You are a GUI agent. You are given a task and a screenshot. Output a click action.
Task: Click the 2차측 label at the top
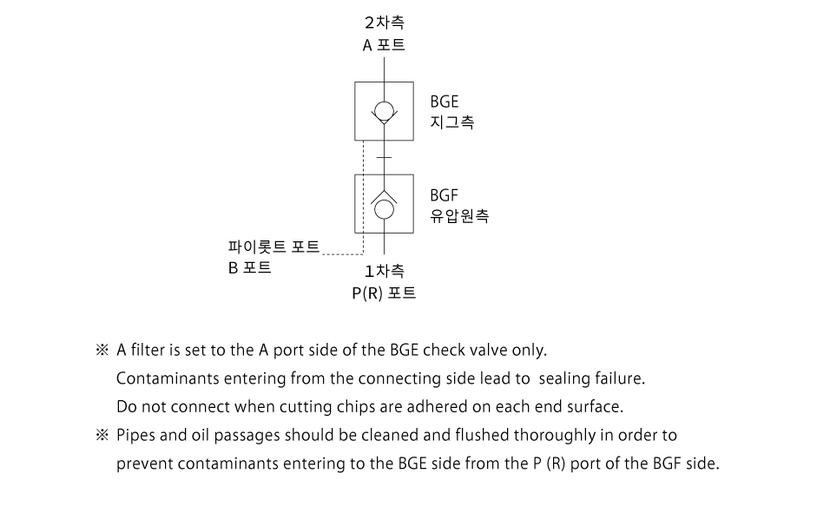(x=385, y=23)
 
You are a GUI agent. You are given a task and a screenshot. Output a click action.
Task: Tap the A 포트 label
(x=384, y=45)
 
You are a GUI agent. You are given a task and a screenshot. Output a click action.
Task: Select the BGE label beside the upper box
(x=445, y=102)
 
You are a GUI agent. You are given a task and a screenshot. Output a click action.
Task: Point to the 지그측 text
(x=452, y=122)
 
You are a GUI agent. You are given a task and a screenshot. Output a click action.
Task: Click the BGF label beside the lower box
(x=444, y=195)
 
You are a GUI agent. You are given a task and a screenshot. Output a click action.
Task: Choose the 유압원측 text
(x=459, y=216)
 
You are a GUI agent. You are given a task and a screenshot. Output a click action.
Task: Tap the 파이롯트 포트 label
(x=273, y=247)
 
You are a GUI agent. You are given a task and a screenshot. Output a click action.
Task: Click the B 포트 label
(x=249, y=267)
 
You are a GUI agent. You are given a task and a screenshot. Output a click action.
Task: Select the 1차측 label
(x=385, y=271)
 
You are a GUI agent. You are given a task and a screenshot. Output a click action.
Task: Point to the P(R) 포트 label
(x=384, y=293)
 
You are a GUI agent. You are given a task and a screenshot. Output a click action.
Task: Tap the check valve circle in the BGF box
(x=384, y=209)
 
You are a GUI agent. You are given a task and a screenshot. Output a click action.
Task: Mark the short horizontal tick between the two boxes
(x=384, y=157)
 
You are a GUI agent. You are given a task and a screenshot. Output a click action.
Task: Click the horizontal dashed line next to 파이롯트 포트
(x=342, y=254)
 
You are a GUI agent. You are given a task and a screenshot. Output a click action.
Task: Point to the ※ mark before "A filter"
(x=102, y=350)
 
